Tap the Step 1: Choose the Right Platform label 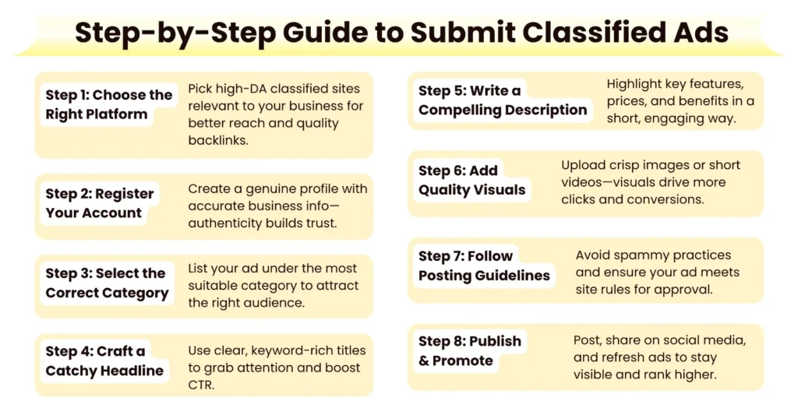(108, 104)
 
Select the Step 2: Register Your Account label (99, 203)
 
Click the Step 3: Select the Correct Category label (107, 283)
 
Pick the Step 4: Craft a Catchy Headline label (104, 361)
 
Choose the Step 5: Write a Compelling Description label (502, 100)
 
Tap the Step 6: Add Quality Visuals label (471, 180)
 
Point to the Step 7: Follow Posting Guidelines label (483, 266)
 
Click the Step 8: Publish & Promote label (469, 350)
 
